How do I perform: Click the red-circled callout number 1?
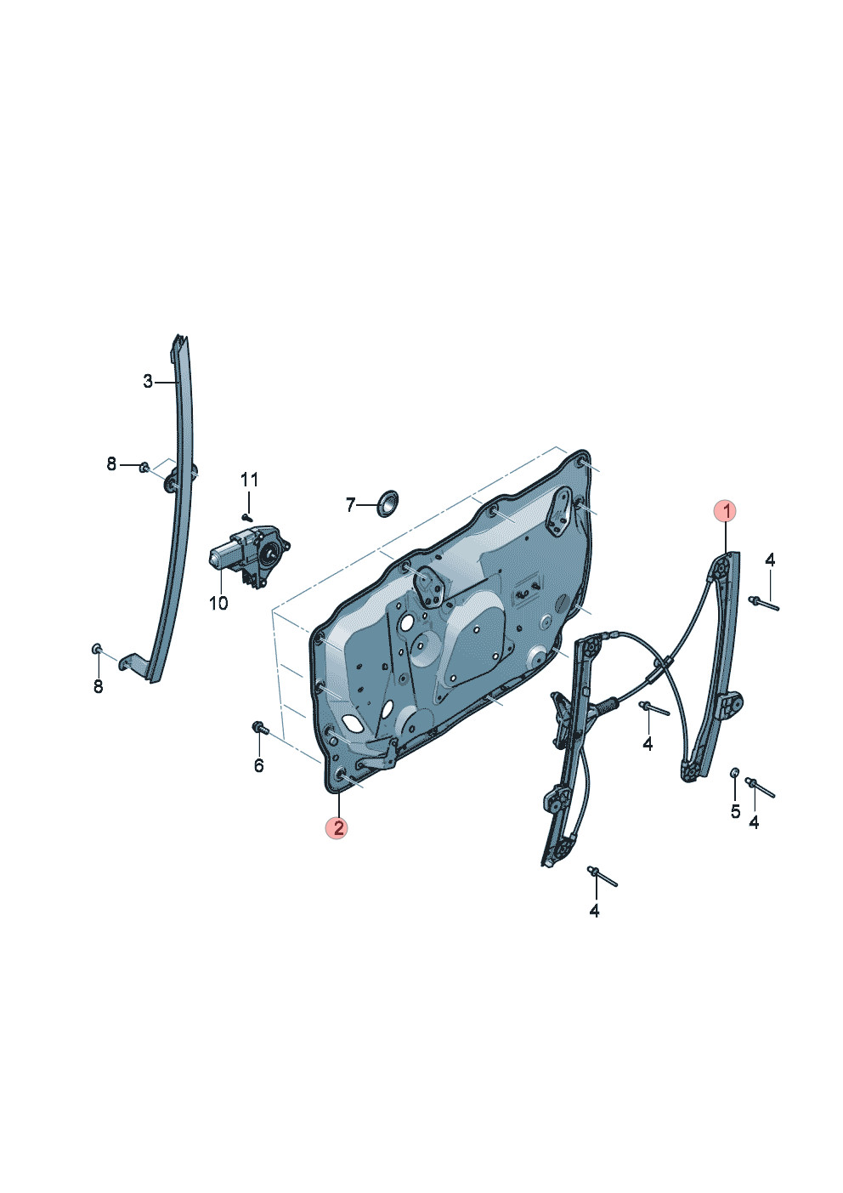724,511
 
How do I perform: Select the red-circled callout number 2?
337,828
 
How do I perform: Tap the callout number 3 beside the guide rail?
147,381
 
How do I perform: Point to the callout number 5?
735,812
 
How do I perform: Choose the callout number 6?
258,765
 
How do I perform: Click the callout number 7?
350,505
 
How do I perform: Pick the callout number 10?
218,604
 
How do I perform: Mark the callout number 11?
249,480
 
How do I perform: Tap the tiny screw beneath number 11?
246,516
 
